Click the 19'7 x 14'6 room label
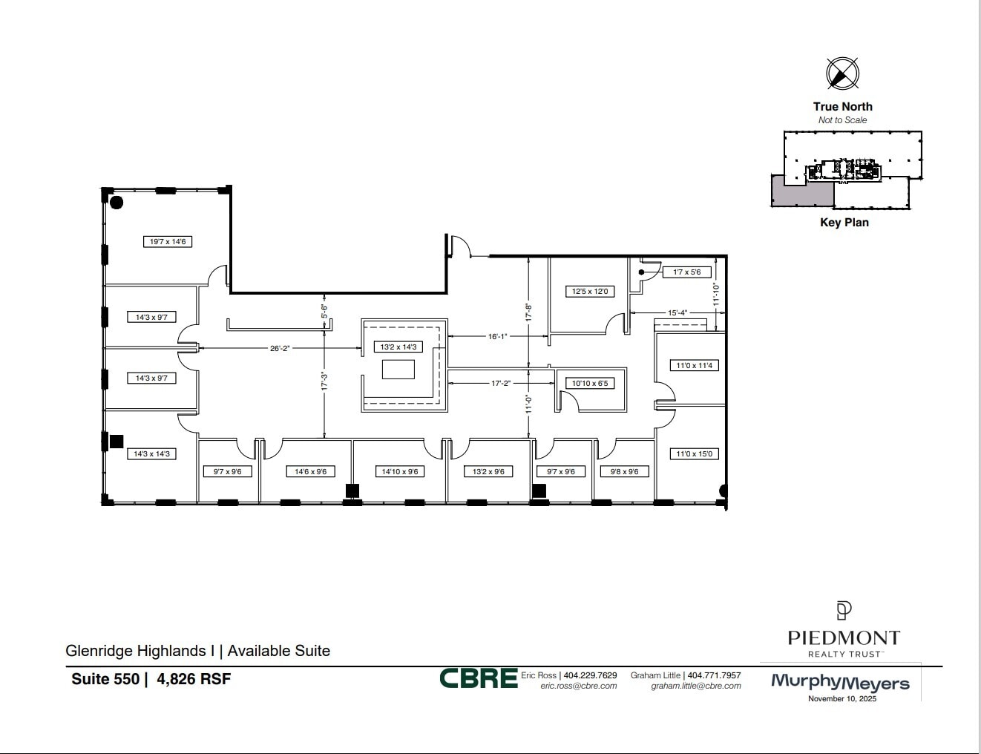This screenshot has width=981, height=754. [168, 241]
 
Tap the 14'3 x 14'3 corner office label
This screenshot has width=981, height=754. [151, 453]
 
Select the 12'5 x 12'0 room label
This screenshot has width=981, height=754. [590, 291]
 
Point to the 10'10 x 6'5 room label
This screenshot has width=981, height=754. [590, 384]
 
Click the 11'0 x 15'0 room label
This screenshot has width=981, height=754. [695, 453]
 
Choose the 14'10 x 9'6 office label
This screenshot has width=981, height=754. [400, 471]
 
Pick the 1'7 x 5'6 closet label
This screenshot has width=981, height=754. [686, 272]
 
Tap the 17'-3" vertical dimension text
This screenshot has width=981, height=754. [324, 381]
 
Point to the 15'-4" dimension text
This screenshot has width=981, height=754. [677, 313]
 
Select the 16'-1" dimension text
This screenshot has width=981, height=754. [497, 336]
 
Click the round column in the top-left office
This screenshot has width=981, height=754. [117, 202]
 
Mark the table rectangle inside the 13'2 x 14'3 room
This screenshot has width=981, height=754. [398, 369]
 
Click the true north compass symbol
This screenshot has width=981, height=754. [842, 73]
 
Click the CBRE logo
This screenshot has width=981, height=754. [478, 678]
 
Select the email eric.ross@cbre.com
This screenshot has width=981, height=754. [579, 686]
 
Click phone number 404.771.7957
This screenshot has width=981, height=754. [714, 675]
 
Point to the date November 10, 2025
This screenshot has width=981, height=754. [842, 698]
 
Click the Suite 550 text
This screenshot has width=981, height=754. [105, 678]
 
